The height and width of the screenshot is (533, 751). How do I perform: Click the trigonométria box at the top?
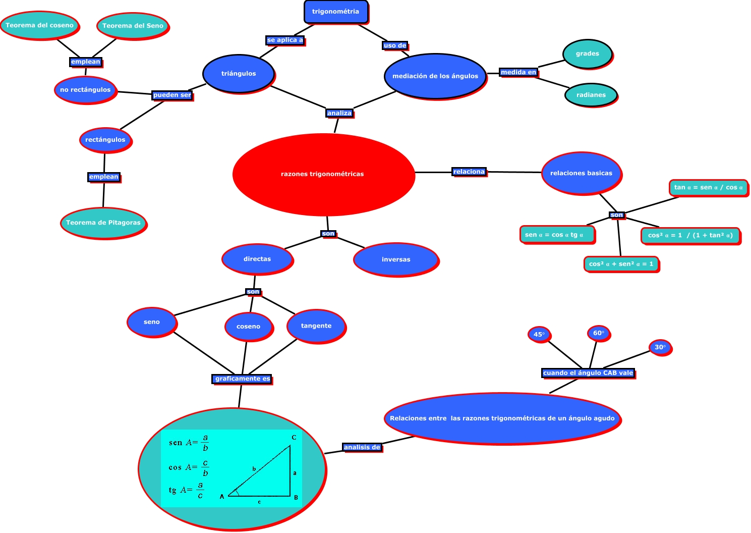(336, 12)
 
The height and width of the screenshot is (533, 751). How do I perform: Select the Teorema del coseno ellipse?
(39, 25)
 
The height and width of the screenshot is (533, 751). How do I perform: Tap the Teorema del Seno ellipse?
(133, 26)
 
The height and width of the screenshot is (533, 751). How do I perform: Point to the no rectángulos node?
(85, 90)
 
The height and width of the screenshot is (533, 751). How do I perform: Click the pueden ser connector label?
(172, 95)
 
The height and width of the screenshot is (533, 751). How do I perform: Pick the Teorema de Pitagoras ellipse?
(103, 223)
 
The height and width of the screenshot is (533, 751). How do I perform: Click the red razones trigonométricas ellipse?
(323, 174)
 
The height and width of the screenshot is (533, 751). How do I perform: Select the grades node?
(588, 54)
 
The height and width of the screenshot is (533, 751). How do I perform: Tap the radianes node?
(591, 95)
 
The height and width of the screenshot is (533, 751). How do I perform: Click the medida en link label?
(518, 72)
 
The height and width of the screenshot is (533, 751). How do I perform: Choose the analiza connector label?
(339, 113)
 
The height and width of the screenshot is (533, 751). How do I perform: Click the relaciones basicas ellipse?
(581, 173)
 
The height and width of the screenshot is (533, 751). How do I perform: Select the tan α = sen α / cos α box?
(708, 187)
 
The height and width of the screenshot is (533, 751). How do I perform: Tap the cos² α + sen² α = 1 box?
(621, 264)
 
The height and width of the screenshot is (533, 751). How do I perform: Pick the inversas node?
(396, 259)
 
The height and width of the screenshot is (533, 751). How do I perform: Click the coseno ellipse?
(249, 327)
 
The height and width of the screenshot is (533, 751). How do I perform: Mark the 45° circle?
(539, 334)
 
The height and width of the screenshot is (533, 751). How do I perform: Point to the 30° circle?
(660, 347)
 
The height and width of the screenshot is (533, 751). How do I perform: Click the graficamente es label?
(242, 379)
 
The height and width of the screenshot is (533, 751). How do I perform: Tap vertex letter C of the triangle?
(294, 438)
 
